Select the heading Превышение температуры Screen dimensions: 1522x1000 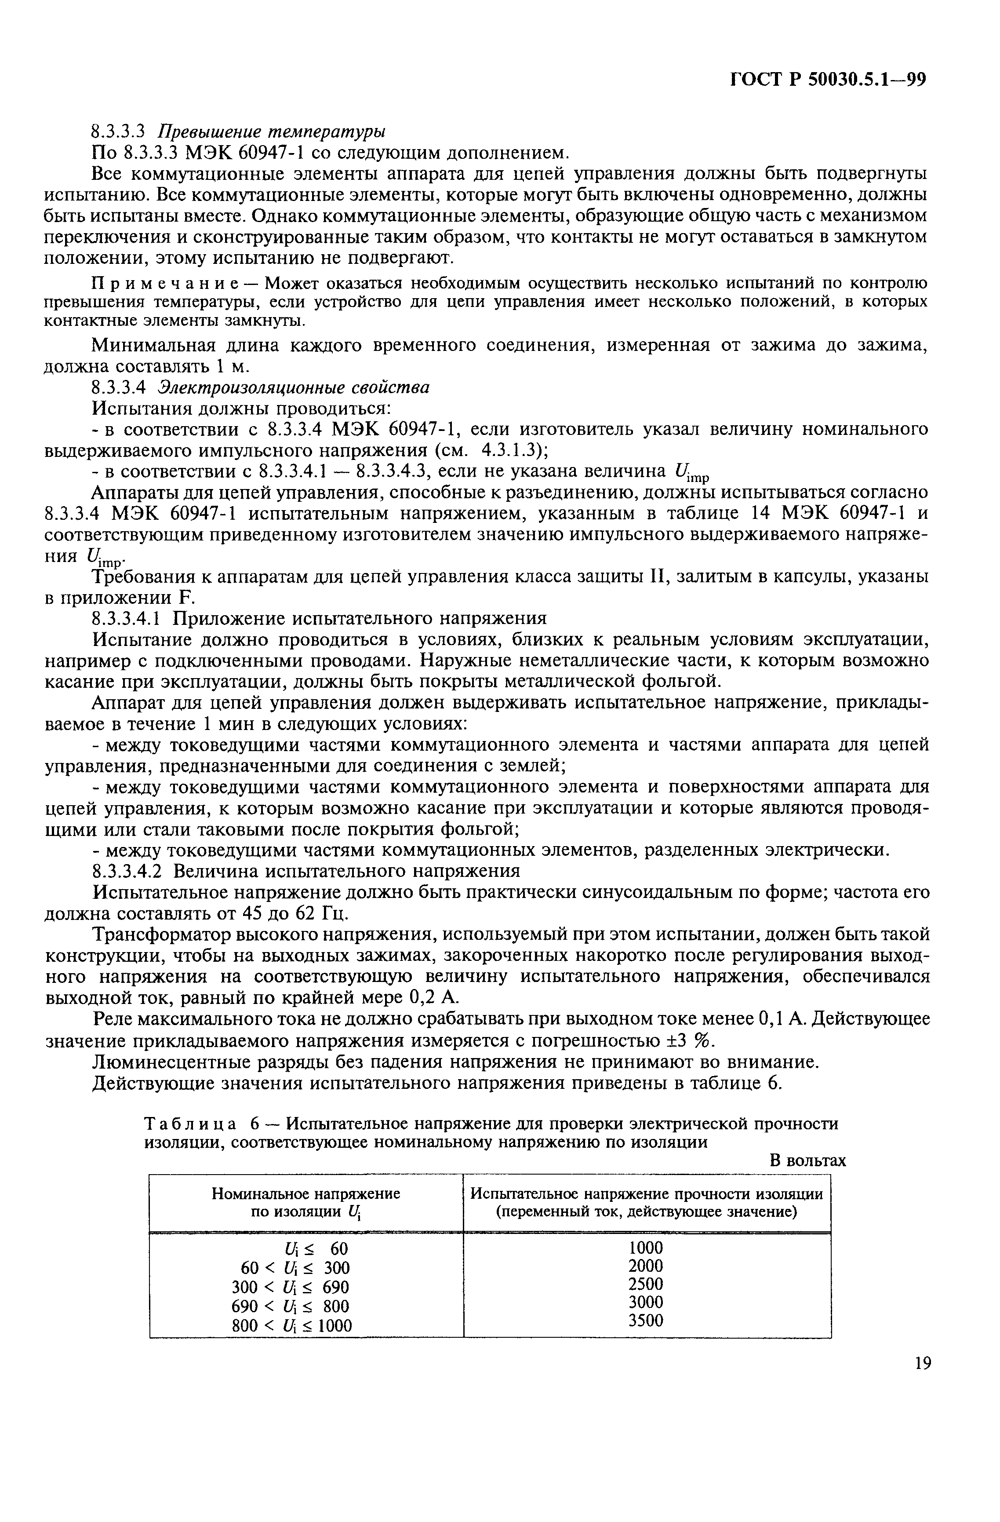271,132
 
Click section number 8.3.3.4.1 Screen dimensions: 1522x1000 130,618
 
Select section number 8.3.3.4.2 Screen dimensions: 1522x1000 130,872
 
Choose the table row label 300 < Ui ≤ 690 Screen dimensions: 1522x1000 291,1287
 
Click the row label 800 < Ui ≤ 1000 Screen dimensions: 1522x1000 291,1326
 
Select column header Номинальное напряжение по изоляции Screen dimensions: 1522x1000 305,1203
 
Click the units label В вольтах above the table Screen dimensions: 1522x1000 807,1161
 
